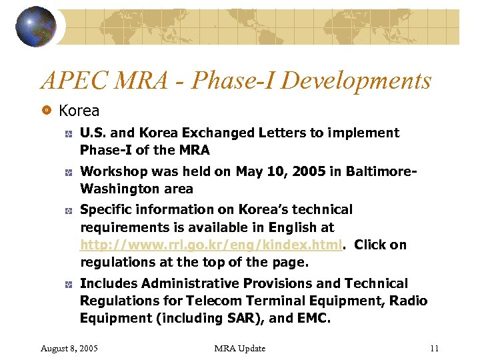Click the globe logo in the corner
35,27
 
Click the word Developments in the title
357,81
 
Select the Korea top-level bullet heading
79,111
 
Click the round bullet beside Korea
47,110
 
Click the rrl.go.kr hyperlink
211,245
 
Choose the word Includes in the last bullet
108,283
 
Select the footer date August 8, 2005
70,348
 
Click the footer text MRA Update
240,348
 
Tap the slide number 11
434,348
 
